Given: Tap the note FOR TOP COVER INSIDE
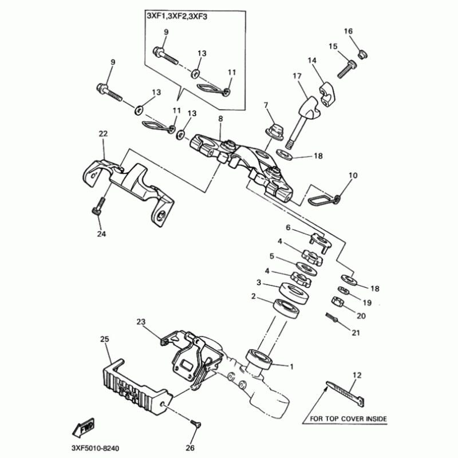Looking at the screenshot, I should click(348, 418).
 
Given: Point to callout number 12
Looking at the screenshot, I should click(358, 375).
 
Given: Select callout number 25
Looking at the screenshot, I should click(104, 339).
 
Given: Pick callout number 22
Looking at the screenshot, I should click(103, 133).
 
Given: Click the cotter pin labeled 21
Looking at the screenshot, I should click(331, 317).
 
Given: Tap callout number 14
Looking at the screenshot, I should click(312, 60).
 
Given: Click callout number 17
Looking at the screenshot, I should click(297, 76).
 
